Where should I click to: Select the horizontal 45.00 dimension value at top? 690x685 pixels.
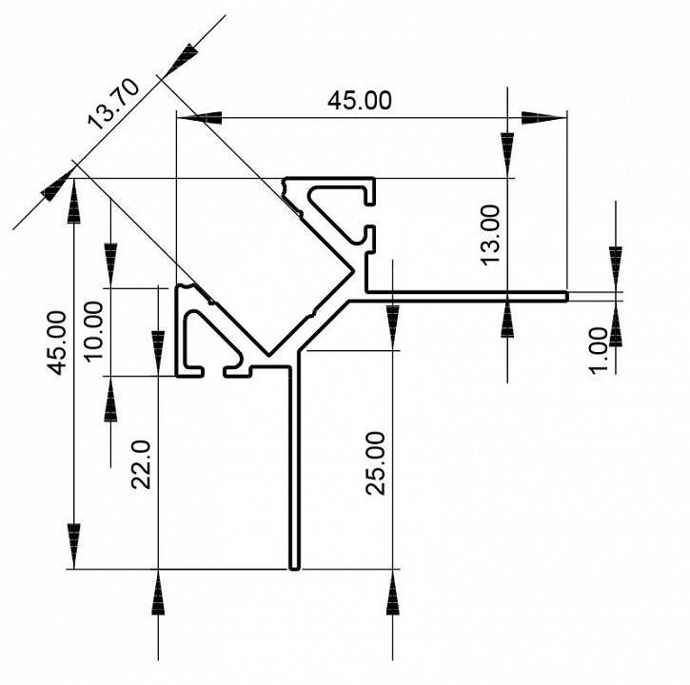tap(359, 101)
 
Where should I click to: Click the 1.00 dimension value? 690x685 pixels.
tap(599, 351)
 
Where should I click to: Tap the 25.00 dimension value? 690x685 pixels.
tap(376, 462)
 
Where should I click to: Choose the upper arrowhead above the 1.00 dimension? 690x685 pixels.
tap(616, 267)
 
